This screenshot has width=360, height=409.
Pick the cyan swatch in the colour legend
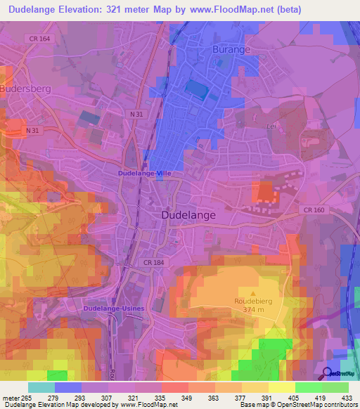click(x=41, y=387)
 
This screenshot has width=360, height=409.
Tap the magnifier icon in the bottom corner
click(x=328, y=373)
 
